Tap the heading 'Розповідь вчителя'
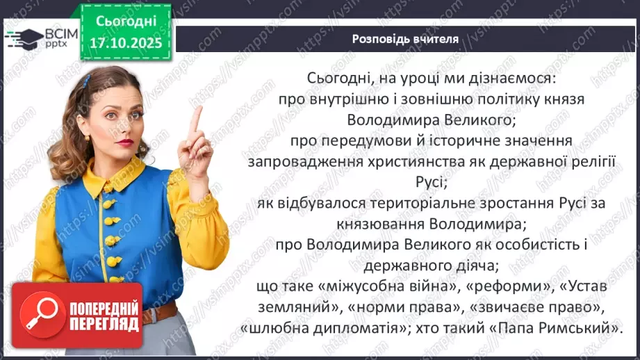pyautogui.click(x=405, y=39)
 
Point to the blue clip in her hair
pyautogui.click(x=85, y=81)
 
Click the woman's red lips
pyautogui.click(x=125, y=142)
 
